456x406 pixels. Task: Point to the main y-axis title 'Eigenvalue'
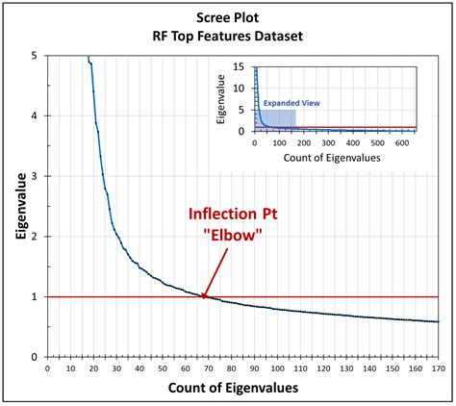[16, 206]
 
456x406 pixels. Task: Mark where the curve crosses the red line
[203, 296]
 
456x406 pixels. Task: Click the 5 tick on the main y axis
[36, 56]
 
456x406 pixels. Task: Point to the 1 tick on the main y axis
[36, 296]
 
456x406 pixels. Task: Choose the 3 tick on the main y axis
[36, 176]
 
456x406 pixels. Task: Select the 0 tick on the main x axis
[47, 367]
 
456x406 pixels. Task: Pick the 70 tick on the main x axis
[209, 367]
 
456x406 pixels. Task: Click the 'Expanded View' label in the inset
[292, 101]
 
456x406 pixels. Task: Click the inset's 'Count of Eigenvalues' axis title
[334, 154]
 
